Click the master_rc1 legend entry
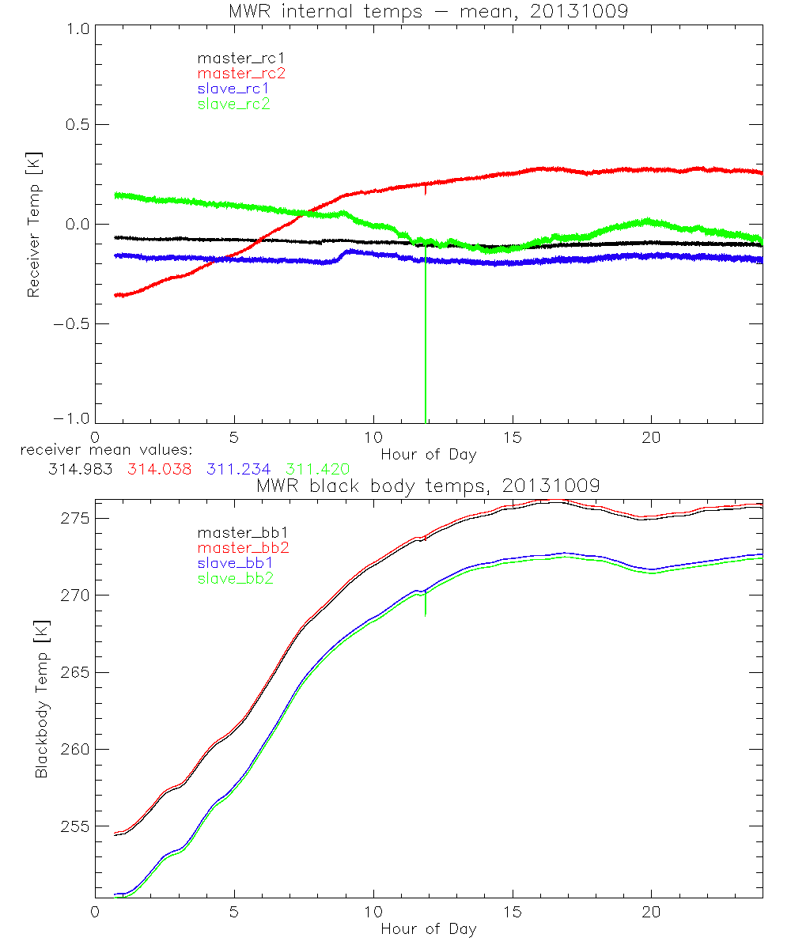233,58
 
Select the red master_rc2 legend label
241,73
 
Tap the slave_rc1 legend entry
233,88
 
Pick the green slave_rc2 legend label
233,104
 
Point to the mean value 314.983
78,469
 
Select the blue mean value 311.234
237,469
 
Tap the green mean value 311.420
317,469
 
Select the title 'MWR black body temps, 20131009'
427,485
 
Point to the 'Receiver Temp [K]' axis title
33,225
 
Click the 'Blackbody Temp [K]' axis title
41,696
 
